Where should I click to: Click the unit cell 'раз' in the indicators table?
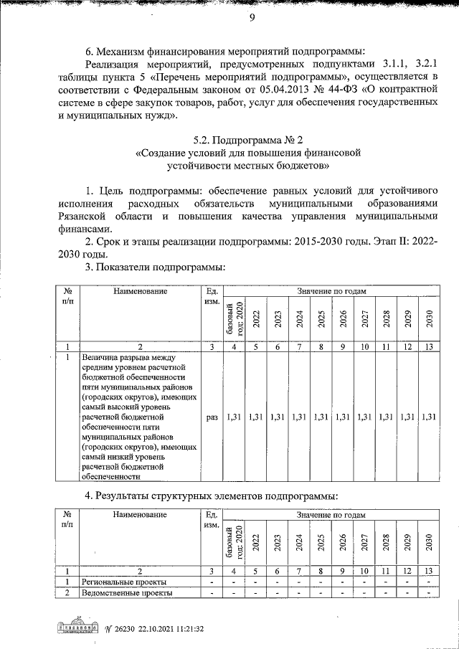coord(212,416)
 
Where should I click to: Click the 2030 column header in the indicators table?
coord(429,318)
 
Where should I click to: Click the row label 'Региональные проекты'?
coord(124,582)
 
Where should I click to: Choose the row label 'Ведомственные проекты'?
coord(126,593)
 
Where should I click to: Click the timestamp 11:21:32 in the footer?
coord(188,629)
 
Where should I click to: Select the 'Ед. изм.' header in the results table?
coord(212,520)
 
